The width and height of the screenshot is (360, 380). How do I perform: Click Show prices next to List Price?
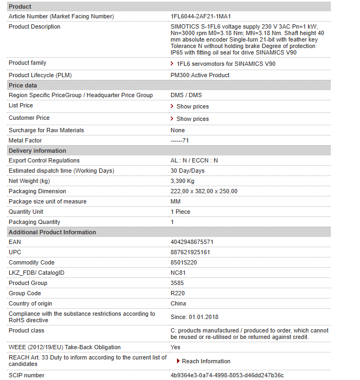(192, 106)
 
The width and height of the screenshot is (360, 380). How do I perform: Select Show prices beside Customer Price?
(192, 119)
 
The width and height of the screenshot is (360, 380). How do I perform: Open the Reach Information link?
(206, 361)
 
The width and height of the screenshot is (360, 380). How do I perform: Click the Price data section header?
(23, 85)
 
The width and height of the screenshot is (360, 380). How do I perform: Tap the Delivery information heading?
(37, 151)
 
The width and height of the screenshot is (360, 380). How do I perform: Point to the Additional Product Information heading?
(52, 232)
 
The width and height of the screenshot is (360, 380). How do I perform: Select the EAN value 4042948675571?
(192, 242)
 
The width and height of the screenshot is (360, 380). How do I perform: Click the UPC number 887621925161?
(191, 253)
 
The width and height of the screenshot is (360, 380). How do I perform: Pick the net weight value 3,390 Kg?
(182, 181)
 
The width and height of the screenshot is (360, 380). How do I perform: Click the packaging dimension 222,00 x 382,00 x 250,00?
(204, 191)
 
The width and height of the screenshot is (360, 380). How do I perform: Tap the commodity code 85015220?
(184, 263)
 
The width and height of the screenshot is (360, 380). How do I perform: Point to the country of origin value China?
(179, 304)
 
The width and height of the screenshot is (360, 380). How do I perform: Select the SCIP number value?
(227, 375)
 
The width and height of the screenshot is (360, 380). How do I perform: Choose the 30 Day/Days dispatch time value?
(187, 171)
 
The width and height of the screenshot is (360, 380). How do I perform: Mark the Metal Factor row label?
(25, 140)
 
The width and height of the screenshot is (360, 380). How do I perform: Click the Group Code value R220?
(178, 294)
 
